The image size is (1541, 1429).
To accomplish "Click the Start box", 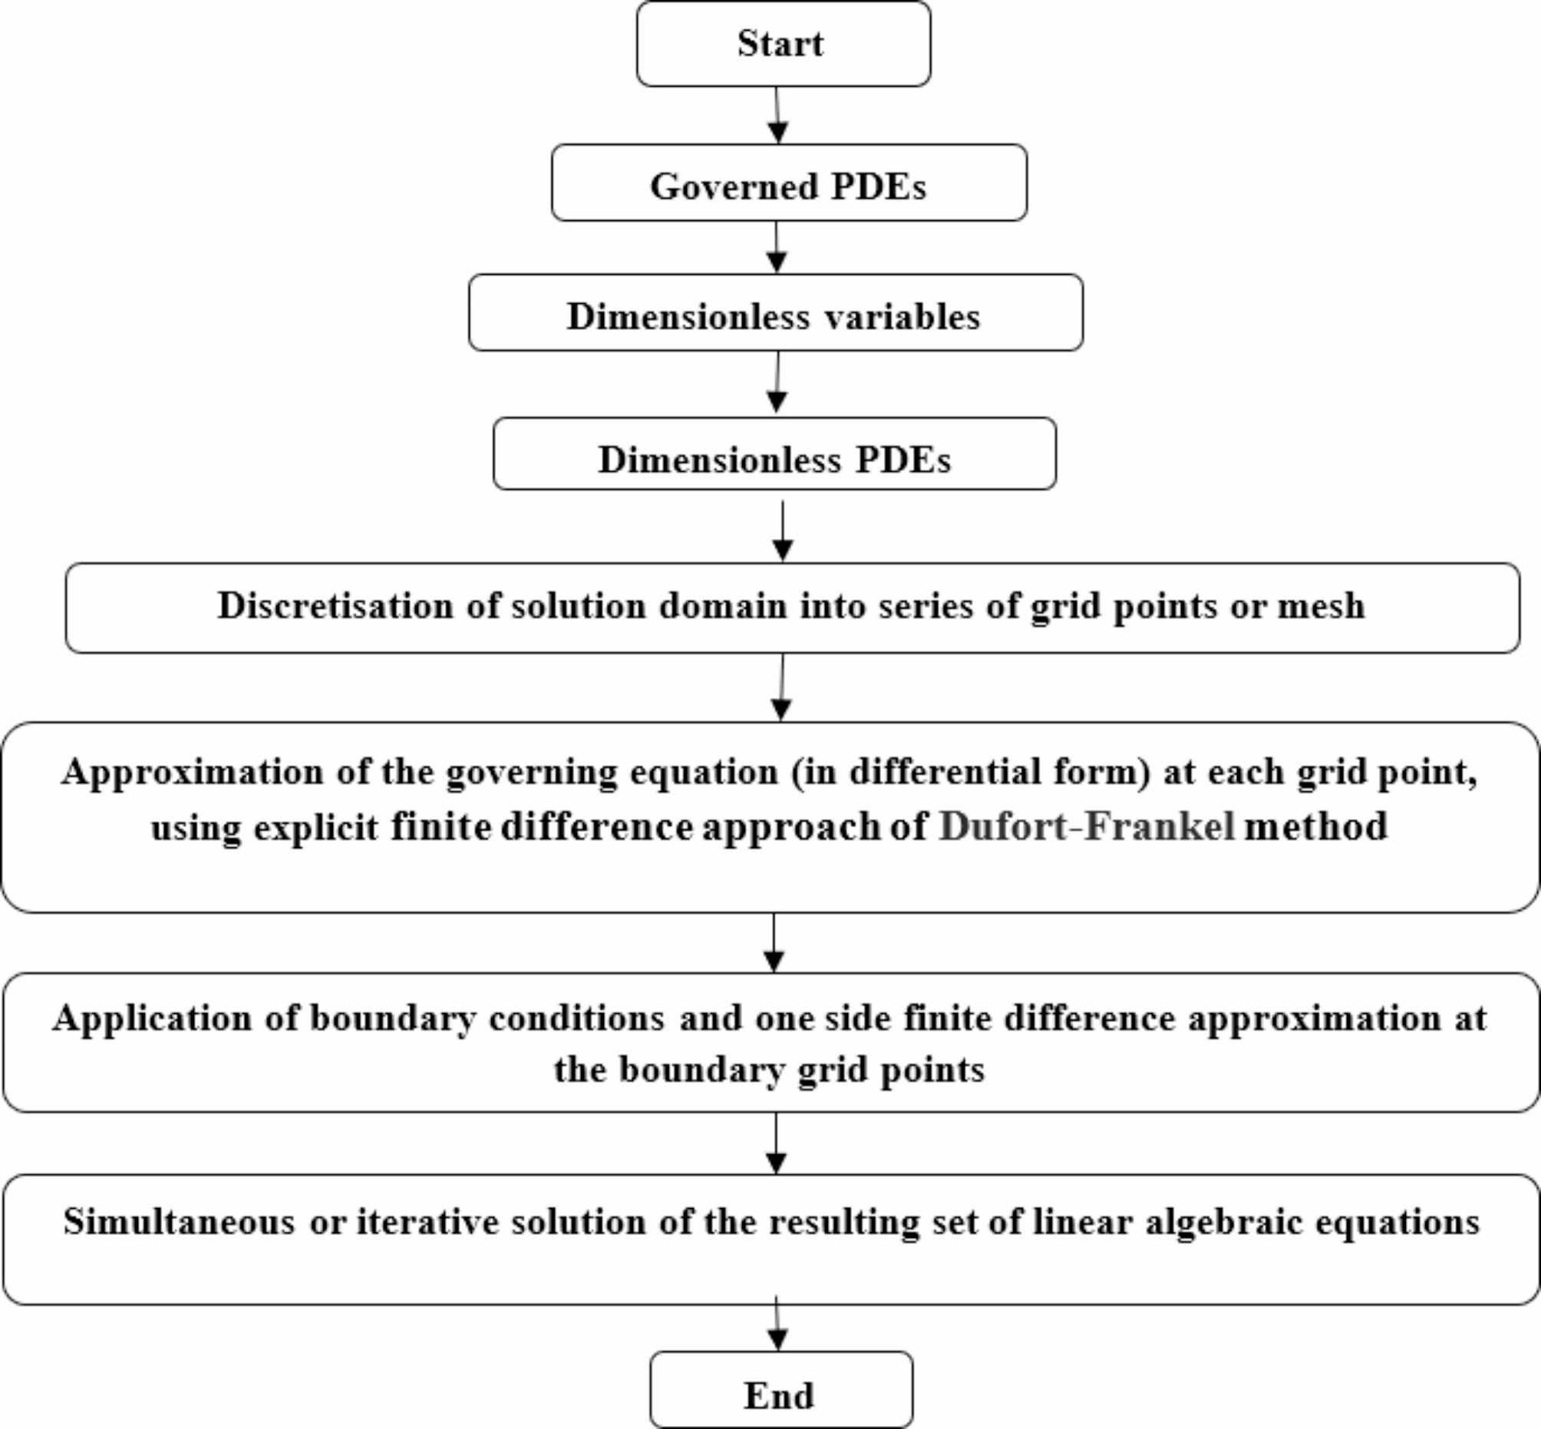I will (783, 43).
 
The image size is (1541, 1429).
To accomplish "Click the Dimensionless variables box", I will (775, 312).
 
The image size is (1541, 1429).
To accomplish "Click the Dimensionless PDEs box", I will (774, 454).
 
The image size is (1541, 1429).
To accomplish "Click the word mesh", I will (1321, 606).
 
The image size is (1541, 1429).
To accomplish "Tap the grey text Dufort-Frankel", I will (1087, 827).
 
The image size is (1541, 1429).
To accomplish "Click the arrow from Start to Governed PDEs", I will (777, 115).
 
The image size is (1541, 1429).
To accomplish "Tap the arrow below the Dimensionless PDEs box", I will (783, 531).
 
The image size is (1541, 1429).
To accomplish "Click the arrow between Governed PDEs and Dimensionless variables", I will (777, 247).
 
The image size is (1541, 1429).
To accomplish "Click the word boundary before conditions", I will (393, 1018).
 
